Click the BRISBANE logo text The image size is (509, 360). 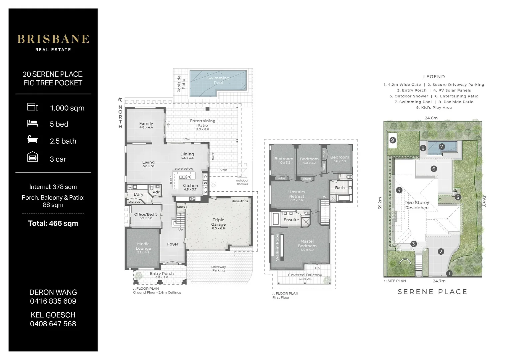click(53, 39)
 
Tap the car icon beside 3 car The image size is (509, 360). click(33, 157)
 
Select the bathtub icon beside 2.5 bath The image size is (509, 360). click(32, 139)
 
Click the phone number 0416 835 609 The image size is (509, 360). click(53, 301)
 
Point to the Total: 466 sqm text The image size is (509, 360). click(53, 223)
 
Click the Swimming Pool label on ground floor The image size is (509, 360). click(218, 80)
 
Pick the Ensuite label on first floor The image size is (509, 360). click(291, 220)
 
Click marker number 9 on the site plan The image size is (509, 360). click(392, 140)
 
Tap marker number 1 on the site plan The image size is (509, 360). click(449, 273)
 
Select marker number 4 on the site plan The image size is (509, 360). click(399, 190)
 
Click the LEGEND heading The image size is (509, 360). click(434, 77)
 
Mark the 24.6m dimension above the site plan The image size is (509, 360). click(431, 118)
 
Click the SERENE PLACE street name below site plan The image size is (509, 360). click(432, 292)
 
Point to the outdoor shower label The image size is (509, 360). click(242, 182)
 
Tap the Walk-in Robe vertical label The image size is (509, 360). click(277, 247)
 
